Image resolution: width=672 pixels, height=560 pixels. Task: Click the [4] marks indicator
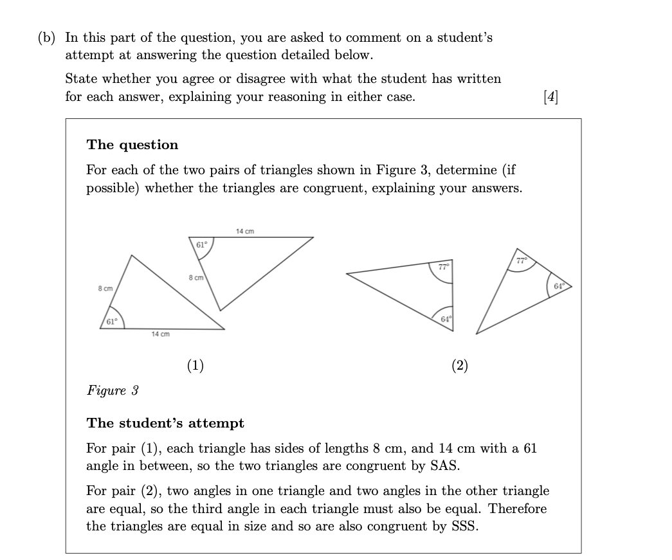click(x=551, y=97)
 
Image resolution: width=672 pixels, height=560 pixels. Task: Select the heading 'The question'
click(x=132, y=145)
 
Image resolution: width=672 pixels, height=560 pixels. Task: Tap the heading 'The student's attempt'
click(x=165, y=423)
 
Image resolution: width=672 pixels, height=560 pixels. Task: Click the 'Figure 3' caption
click(x=113, y=390)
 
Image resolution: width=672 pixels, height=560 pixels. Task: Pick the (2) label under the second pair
click(x=460, y=366)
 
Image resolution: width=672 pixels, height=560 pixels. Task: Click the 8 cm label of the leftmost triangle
click(x=105, y=289)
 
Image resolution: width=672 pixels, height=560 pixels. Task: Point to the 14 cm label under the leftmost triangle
click(x=160, y=334)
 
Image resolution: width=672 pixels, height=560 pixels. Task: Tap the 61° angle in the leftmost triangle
click(x=113, y=320)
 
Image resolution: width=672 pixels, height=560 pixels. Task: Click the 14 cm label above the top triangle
click(x=245, y=231)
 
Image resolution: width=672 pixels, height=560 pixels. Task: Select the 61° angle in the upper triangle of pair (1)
click(x=201, y=245)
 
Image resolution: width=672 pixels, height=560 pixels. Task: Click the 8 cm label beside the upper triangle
click(x=196, y=277)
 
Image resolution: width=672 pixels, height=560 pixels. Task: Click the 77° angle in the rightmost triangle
click(x=522, y=260)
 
